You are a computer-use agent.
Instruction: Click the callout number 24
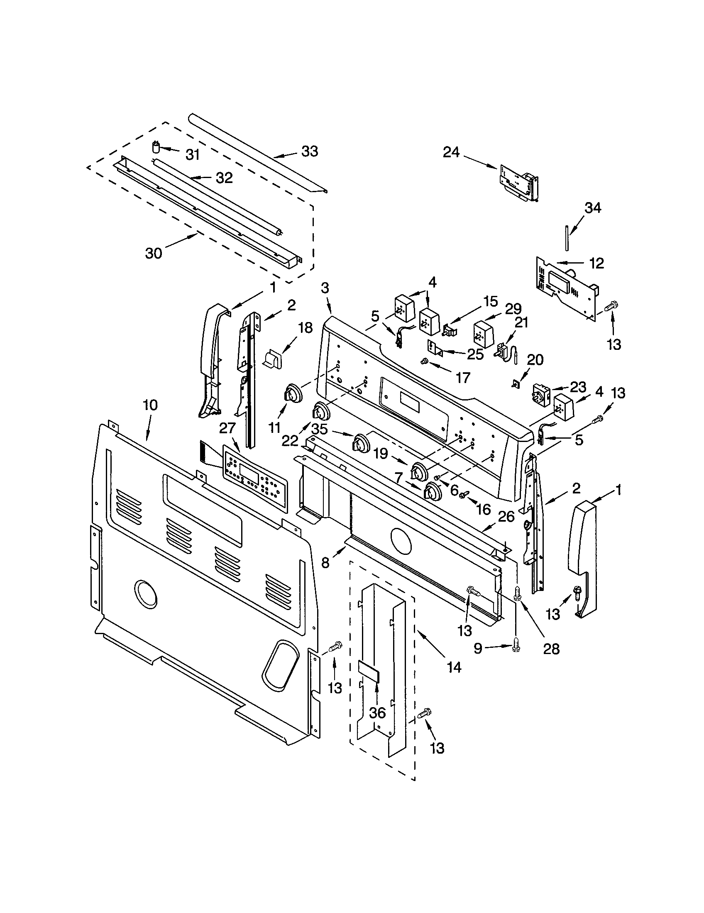point(451,153)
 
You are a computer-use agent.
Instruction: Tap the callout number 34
point(592,208)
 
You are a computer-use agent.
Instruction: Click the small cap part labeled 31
point(156,148)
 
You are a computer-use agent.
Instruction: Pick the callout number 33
point(310,151)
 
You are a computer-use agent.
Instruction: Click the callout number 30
point(154,253)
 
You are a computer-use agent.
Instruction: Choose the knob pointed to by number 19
point(419,472)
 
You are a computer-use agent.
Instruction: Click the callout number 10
point(150,405)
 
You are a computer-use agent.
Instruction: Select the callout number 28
point(551,649)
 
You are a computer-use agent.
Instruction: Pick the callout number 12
point(597,263)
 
